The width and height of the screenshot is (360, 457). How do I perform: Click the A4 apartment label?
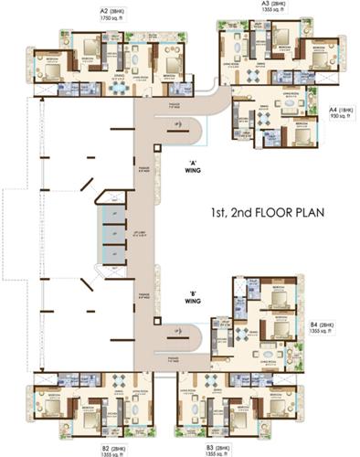pos(334,109)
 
